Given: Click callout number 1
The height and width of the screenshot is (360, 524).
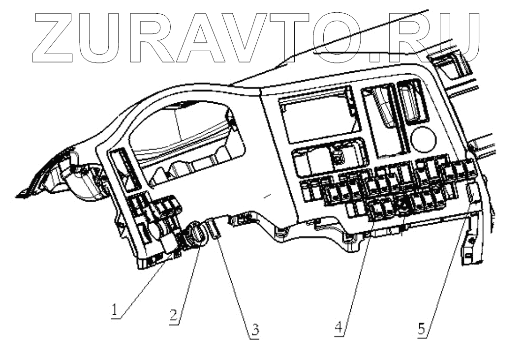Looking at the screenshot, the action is [114, 310].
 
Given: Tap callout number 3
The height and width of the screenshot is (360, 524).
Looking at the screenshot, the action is [254, 330].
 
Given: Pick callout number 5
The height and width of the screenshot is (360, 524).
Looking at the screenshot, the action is [422, 329].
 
